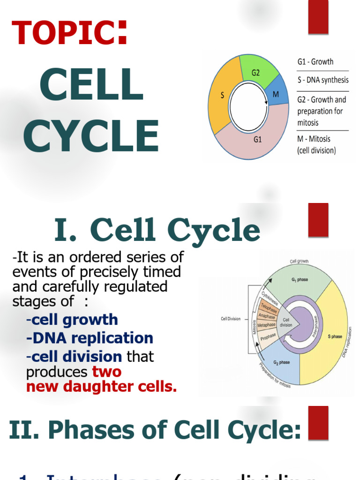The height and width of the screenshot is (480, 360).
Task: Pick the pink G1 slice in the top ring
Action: tap(257, 139)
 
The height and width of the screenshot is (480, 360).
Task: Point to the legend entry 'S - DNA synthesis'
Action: tap(323, 80)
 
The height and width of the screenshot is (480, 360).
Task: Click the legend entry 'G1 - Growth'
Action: tap(315, 62)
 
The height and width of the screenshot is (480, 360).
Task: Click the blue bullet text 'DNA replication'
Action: tap(90, 338)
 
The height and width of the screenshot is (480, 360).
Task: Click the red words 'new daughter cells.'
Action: tap(101, 387)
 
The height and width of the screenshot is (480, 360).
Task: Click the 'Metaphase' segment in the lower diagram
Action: tap(266, 325)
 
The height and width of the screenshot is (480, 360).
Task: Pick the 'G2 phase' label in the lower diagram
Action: tap(282, 362)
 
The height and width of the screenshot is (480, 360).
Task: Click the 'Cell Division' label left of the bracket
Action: tap(231, 319)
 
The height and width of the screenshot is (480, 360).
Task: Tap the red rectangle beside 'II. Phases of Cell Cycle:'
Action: tap(318, 423)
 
